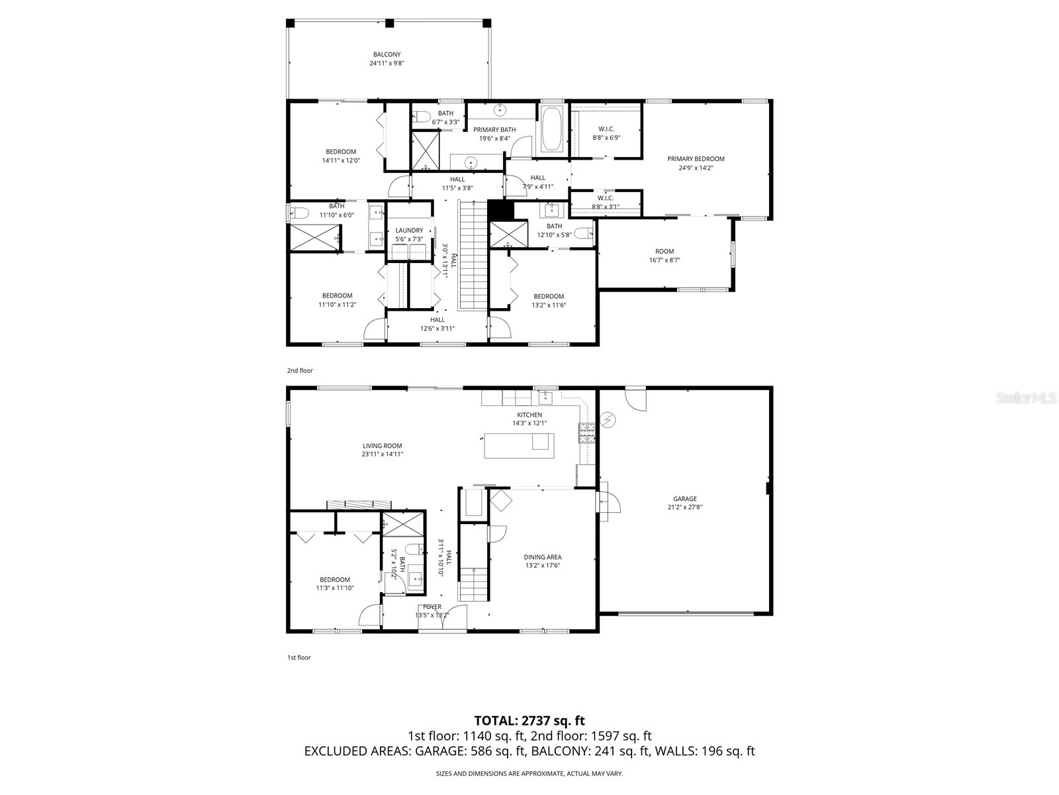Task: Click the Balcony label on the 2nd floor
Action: (x=387, y=54)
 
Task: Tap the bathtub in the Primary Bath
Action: (x=552, y=130)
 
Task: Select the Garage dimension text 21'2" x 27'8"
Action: (x=684, y=507)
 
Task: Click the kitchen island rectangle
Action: (x=519, y=445)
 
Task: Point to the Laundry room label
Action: (x=409, y=231)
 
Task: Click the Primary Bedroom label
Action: (x=696, y=159)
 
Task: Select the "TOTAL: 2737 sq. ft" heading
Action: (x=529, y=720)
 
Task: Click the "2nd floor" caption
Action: (x=300, y=371)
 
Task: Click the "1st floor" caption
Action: (x=299, y=658)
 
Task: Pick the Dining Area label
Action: (x=543, y=557)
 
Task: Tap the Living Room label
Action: (x=382, y=446)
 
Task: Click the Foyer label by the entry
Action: (x=432, y=607)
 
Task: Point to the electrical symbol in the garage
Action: (x=608, y=419)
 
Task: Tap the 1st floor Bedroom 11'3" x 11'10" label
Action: (x=334, y=580)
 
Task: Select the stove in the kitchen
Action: (x=586, y=433)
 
